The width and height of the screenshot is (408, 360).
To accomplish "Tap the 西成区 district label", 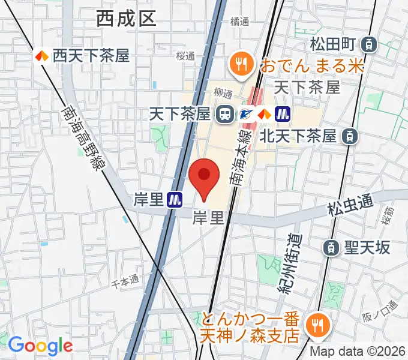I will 126,19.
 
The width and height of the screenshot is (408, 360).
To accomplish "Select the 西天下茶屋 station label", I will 91,56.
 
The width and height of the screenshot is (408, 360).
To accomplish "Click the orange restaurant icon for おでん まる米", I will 242,62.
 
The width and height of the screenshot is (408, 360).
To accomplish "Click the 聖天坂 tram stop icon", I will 330,247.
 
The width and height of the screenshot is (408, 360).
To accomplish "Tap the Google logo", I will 40,346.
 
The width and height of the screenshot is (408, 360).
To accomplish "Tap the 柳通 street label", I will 223,94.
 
